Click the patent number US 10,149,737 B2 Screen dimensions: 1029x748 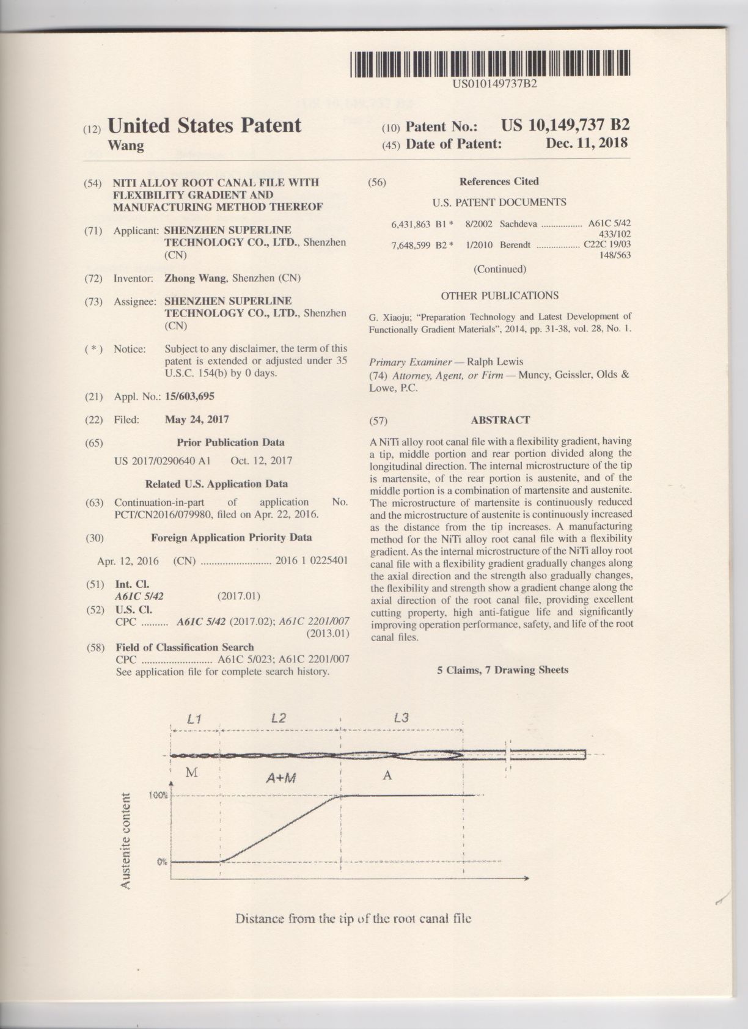point(565,125)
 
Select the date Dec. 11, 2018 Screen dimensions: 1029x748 point(587,143)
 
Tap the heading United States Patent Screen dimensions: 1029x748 point(204,125)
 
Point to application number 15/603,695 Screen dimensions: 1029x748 point(189,397)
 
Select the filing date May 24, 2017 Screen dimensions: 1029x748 point(197,420)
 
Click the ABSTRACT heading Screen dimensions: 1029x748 point(500,420)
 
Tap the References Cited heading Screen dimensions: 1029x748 point(499,181)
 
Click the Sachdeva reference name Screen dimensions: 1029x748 point(518,224)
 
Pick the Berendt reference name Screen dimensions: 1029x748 point(515,245)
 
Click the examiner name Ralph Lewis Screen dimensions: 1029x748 point(495,361)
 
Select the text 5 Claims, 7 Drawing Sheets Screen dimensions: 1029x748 point(502,670)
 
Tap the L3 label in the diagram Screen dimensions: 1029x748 point(401,717)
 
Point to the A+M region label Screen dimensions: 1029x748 point(280,778)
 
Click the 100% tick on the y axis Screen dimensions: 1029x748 point(159,796)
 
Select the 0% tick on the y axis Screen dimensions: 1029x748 point(162,862)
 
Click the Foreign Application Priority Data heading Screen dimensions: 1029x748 point(231,538)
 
